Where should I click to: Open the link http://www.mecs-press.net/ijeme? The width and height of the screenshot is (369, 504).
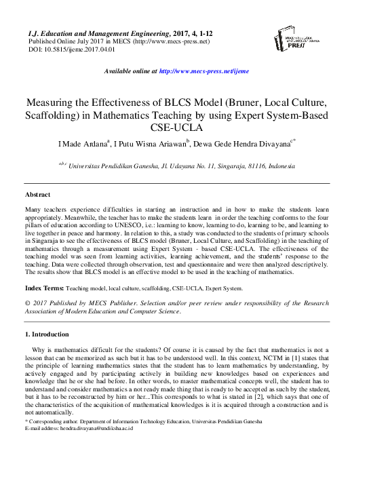click(x=203, y=71)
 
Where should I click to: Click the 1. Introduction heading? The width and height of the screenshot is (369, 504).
click(x=47, y=334)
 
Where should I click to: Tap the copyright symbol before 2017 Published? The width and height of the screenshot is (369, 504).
click(x=27, y=304)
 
